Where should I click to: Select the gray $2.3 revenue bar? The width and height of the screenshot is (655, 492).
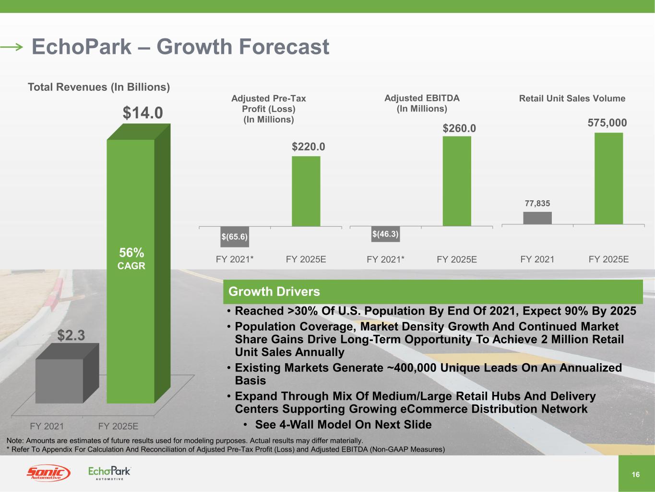[x=59, y=381]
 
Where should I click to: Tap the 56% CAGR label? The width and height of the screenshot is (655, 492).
[x=131, y=258]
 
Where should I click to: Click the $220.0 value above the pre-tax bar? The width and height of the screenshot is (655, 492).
[x=308, y=147]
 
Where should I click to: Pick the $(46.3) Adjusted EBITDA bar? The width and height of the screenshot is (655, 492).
[x=385, y=234]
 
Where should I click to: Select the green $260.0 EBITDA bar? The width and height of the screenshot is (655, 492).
[x=456, y=181]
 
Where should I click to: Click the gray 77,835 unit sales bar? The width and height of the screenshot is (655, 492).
[x=537, y=218]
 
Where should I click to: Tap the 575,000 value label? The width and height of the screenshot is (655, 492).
[x=607, y=123]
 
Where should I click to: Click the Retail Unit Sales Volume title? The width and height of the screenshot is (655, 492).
[x=572, y=98]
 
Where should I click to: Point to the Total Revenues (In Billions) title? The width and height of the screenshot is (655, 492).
[x=99, y=87]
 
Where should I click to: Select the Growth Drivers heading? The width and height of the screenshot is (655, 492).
[x=274, y=292]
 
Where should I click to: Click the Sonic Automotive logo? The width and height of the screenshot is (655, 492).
[x=48, y=473]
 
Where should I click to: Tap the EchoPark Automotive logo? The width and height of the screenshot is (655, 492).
[x=109, y=473]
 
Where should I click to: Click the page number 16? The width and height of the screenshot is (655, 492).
[x=636, y=475]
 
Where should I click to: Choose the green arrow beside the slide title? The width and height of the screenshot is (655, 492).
[x=12, y=47]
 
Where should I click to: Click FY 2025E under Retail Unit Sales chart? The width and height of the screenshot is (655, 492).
[x=608, y=259]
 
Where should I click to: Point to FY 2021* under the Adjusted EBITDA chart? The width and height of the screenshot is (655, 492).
[x=385, y=259]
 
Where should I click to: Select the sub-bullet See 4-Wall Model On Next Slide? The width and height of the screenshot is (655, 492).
[x=343, y=425]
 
